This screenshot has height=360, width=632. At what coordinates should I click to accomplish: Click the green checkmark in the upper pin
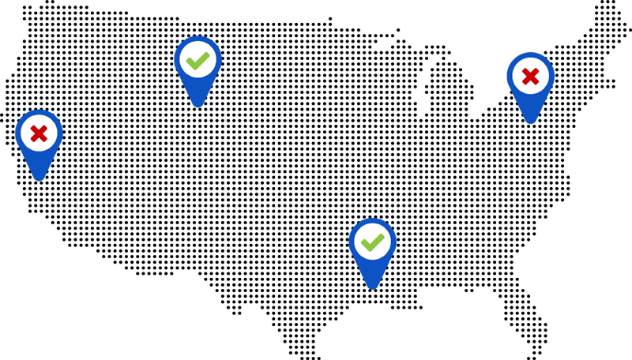click(197, 60)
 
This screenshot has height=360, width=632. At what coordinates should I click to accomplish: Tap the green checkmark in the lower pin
click(372, 242)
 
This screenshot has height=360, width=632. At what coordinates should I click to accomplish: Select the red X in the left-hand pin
click(39, 133)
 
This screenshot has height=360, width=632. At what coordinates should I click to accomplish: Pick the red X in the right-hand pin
click(530, 77)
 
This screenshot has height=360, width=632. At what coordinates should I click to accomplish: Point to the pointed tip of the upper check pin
click(197, 104)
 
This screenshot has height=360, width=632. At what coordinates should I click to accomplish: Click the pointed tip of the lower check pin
click(372, 287)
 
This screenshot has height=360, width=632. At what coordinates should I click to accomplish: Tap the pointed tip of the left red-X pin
click(39, 178)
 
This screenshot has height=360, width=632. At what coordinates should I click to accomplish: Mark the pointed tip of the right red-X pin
click(530, 122)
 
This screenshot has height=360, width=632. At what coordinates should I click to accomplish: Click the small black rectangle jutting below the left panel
click(239, 302)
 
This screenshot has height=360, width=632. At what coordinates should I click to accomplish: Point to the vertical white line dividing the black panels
click(276, 158)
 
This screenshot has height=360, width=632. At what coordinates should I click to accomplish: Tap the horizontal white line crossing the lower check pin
click(458, 276)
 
